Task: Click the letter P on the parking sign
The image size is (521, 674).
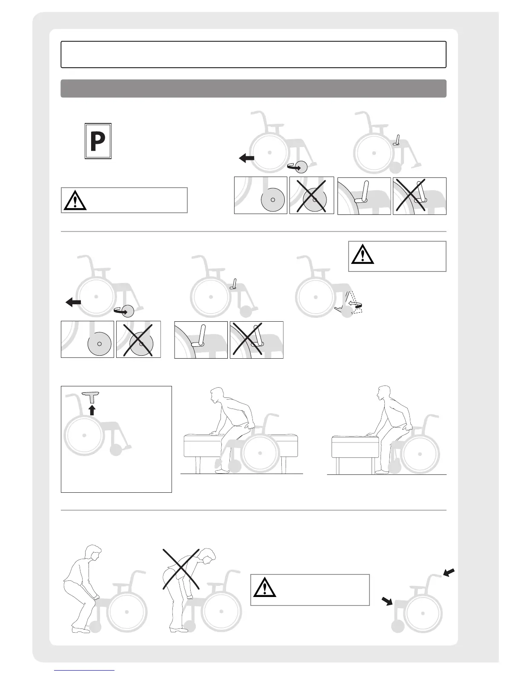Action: point(98,142)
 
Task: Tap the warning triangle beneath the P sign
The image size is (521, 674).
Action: point(75,200)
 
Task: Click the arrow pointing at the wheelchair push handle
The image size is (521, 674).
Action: point(449,573)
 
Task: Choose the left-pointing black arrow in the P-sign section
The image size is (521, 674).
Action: point(246,158)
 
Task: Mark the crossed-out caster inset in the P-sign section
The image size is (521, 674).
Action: point(312,195)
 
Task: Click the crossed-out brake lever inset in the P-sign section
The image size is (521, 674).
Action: point(419,196)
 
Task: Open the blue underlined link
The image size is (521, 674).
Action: point(85,671)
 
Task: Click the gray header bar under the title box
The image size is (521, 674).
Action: point(253,89)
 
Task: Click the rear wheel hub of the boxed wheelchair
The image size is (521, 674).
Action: point(85,435)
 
